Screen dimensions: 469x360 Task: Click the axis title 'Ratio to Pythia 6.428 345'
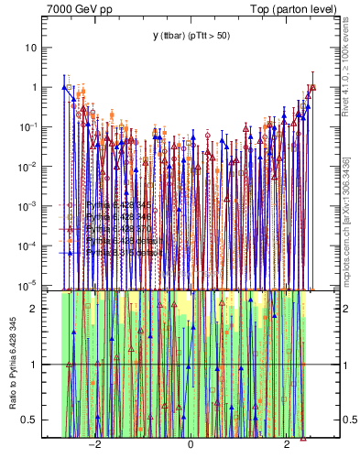pos(13,364)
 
